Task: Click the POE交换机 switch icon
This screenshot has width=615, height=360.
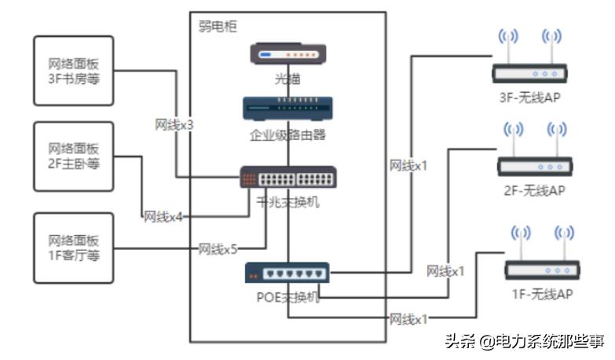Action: [x=287, y=273]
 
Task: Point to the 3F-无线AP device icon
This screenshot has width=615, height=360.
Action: [x=529, y=73]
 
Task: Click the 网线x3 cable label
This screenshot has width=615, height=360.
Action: [x=174, y=125]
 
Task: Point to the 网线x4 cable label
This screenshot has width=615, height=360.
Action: [x=163, y=216]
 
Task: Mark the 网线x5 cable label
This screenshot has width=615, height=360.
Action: [x=218, y=249]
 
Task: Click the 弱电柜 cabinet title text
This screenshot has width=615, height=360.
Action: [x=218, y=26]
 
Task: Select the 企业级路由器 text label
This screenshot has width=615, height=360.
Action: [x=287, y=134]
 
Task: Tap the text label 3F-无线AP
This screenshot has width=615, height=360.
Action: [x=529, y=97]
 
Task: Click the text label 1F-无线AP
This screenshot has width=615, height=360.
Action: [x=541, y=294]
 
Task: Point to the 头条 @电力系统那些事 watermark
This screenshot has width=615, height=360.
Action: [x=525, y=341]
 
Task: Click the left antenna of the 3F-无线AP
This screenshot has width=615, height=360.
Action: [x=507, y=47]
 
